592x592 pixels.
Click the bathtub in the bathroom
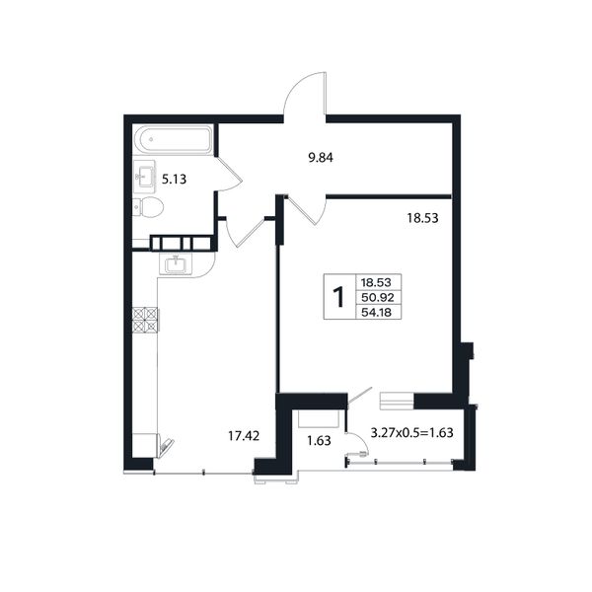[174, 140]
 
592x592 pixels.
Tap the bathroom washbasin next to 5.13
[144, 177]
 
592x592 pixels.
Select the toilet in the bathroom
[148, 207]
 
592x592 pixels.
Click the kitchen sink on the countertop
[176, 263]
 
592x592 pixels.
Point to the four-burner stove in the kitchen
[145, 320]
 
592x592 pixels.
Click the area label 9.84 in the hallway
[321, 158]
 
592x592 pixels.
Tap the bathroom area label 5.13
[174, 179]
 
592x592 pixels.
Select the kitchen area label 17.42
[244, 436]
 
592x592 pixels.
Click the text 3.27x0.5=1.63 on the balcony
[411, 433]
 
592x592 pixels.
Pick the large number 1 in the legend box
[339, 297]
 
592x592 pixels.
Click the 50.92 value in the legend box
[378, 298]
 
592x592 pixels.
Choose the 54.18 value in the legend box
[377, 313]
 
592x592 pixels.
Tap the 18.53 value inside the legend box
[376, 282]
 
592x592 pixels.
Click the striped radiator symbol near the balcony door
[398, 401]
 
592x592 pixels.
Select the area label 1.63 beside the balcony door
[319, 441]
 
